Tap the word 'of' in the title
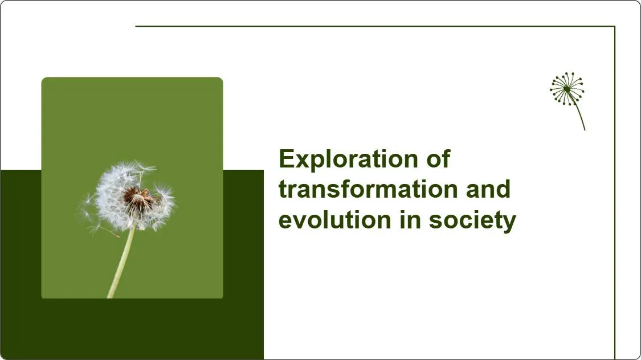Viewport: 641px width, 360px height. coord(437,159)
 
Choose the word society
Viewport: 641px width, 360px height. coord(472,221)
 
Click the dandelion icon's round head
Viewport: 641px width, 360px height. coord(567,89)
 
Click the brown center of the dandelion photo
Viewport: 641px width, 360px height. coord(137,197)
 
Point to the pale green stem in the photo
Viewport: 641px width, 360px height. coord(122,262)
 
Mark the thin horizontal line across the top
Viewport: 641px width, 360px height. coord(370,26)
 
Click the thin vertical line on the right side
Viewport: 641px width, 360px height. coord(615,199)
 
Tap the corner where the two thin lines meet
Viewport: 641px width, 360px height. coord(615,26)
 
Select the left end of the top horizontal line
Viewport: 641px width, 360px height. coord(137,26)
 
